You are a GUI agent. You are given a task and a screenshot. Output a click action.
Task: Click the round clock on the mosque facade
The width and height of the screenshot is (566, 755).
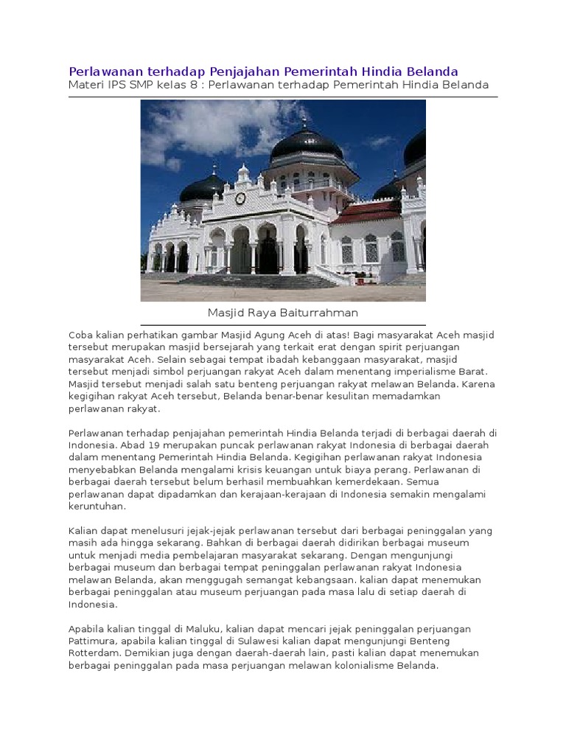point(240,198)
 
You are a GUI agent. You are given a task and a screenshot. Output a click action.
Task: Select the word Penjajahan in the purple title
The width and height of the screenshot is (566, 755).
point(246,72)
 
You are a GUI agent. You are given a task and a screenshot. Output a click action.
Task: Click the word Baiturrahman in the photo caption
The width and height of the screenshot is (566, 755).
point(320,313)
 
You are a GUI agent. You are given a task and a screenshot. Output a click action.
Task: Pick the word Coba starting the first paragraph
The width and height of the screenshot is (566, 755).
point(81,335)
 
